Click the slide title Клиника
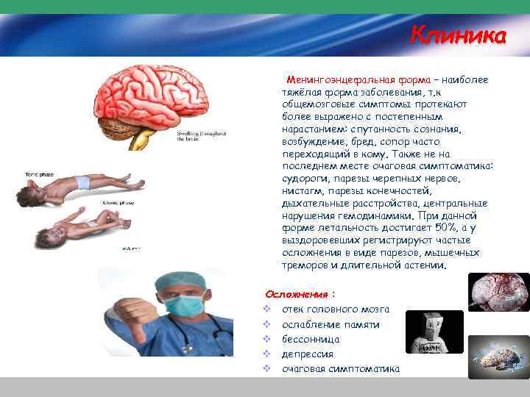tap(458, 35)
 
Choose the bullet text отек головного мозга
tap(336, 309)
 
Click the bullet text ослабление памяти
tap(331, 324)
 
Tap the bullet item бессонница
tap(311, 339)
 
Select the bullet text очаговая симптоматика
tap(341, 368)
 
